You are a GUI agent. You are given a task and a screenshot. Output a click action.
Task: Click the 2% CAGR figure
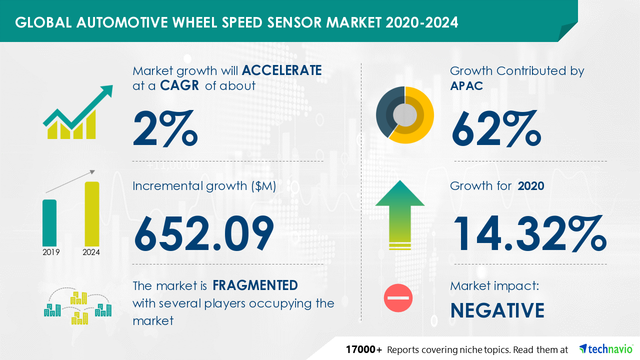tap(165, 128)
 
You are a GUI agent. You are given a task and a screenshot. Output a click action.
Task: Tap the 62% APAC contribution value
tap(496, 128)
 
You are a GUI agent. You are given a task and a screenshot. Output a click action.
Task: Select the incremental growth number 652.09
tap(204, 233)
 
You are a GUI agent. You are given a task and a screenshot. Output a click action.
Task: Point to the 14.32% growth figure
tap(529, 233)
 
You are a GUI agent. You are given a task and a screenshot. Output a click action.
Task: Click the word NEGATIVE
tap(497, 310)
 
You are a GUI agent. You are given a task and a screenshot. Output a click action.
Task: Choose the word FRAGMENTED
tap(255, 285)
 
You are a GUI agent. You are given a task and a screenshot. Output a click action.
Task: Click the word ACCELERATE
tap(281, 70)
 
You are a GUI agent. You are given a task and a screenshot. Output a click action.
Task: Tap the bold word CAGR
tap(179, 85)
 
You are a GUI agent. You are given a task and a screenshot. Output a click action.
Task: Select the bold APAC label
tap(466, 85)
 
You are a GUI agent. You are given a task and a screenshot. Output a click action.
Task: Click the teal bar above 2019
tap(49, 223)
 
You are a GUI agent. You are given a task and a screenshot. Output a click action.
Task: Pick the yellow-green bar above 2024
tap(92, 214)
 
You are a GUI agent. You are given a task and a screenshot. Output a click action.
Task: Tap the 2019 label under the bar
tap(51, 252)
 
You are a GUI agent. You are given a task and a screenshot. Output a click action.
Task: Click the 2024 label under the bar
tap(91, 252)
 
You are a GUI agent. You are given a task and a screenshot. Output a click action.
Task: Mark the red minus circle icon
tap(398, 298)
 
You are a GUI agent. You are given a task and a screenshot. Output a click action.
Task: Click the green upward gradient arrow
tap(400, 215)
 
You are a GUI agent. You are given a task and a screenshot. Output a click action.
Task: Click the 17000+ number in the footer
tap(363, 349)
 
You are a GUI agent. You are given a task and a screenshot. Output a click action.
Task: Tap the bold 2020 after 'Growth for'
tap(531, 186)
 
